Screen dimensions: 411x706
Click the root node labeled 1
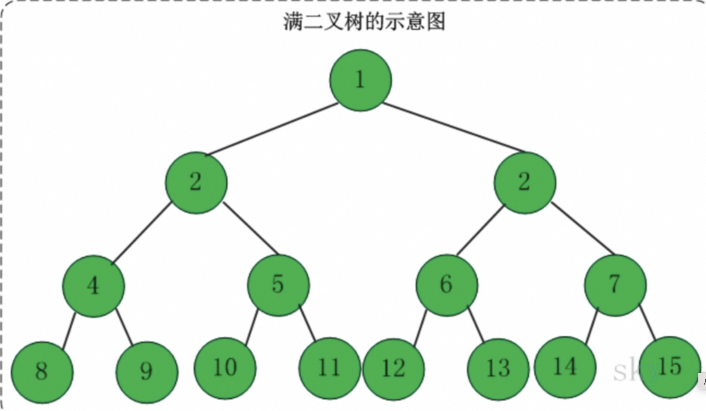pos(360,80)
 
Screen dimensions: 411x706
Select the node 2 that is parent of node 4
pos(196,183)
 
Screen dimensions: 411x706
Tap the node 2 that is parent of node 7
pos(524,183)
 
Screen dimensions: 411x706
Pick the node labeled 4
pos(94,286)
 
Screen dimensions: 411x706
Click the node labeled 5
pos(278,285)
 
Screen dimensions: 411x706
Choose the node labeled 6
pos(447,285)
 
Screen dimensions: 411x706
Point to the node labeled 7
pos(615,285)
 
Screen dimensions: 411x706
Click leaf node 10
pos(225,368)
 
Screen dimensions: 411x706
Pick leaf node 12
pos(393,369)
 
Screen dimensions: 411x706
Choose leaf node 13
pos(498,369)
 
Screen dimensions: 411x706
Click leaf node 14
pos(565,367)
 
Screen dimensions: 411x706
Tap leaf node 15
pos(669,367)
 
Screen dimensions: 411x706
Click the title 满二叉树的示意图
pos(364,21)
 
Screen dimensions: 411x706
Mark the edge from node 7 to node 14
pos(592,326)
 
